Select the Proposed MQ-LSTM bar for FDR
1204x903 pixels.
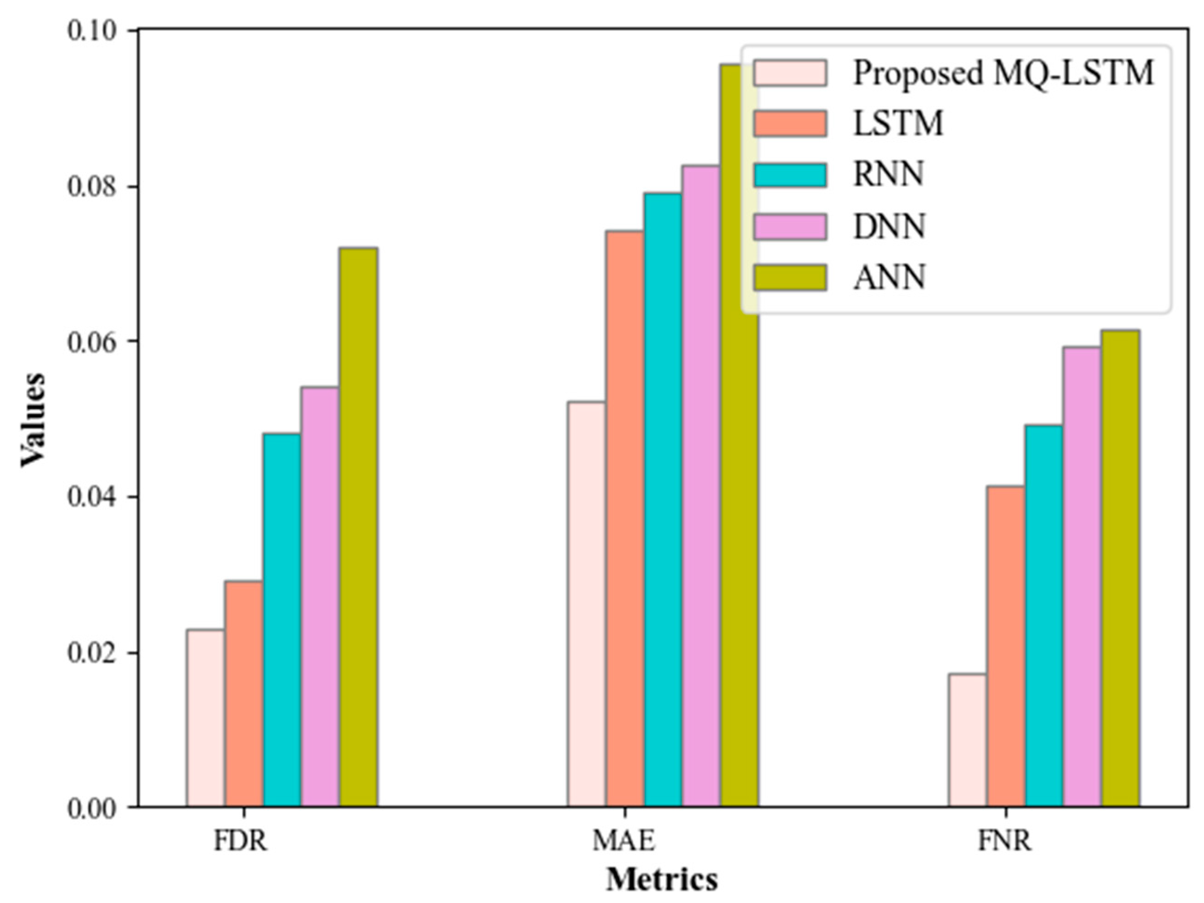(205, 718)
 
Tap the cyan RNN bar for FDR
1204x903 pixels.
(281, 620)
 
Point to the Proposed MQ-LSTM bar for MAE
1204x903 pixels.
(586, 604)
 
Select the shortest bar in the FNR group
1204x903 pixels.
(967, 740)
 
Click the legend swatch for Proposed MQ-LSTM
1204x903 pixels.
(790, 73)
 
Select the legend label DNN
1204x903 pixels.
(889, 227)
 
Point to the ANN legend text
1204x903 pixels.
(889, 278)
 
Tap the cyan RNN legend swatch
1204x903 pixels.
(790, 175)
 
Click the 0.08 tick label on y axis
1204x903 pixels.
(91, 187)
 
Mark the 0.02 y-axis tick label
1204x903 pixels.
(91, 653)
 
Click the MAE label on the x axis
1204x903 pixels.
(624, 841)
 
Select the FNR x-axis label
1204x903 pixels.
(1005, 841)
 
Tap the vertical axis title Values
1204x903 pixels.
(34, 419)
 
